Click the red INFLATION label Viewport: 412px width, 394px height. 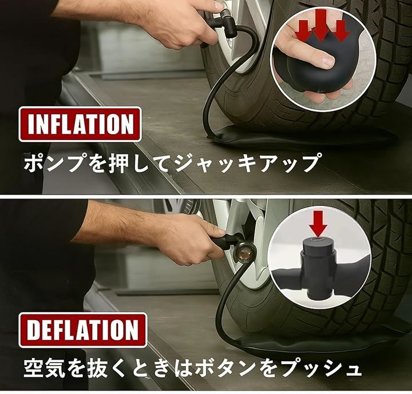[80, 125]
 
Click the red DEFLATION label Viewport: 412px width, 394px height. [82, 330]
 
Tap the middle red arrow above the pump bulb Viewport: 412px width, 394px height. [321, 25]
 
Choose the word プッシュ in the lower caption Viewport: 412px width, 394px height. [323, 368]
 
